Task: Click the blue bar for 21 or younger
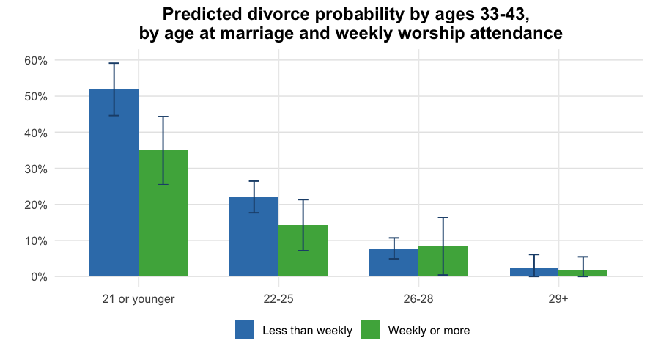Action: click(114, 183)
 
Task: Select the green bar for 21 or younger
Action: click(163, 213)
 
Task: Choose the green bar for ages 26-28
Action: click(443, 262)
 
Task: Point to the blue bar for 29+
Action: click(533, 272)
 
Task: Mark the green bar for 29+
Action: click(583, 273)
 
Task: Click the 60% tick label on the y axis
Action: click(35, 61)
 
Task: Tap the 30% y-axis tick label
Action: click(35, 169)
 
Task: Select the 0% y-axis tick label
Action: click(38, 277)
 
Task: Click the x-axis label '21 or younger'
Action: click(139, 299)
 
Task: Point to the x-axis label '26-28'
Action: click(418, 299)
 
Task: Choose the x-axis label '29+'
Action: click(558, 299)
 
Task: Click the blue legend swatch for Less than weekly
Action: click(245, 331)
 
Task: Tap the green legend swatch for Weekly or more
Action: click(370, 331)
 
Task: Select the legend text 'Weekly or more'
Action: click(429, 331)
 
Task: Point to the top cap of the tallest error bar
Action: click(114, 63)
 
